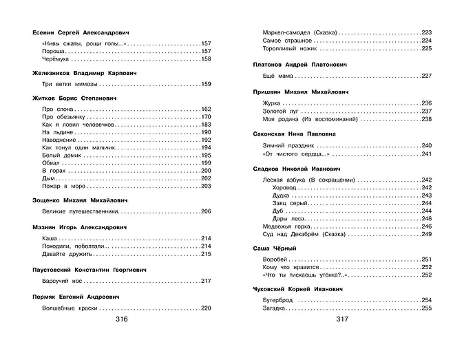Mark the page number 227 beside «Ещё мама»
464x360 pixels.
(426, 75)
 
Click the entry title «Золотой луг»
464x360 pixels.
(281, 111)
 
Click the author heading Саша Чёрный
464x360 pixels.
(275, 247)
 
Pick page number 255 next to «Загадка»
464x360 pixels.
(426, 308)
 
